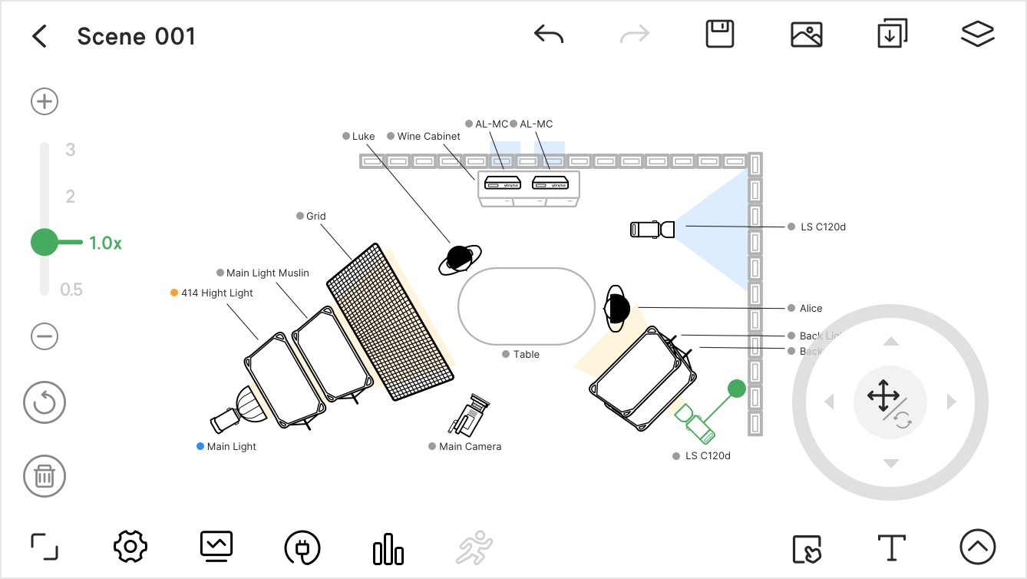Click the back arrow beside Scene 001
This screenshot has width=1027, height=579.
[x=39, y=36]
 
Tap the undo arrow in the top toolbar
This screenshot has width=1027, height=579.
[x=549, y=35]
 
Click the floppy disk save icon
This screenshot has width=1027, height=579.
[x=720, y=35]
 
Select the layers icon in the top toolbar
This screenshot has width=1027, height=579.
[x=977, y=35]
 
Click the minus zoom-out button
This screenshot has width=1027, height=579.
[x=45, y=336]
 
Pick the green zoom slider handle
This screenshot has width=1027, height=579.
[x=45, y=243]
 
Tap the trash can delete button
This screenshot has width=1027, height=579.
[x=45, y=476]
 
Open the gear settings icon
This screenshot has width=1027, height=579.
[x=130, y=547]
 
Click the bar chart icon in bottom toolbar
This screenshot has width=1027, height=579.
[x=388, y=548]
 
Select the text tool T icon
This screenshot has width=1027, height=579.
[x=891, y=548]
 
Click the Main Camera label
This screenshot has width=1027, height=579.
[x=470, y=446]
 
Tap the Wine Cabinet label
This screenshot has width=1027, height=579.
[x=428, y=136]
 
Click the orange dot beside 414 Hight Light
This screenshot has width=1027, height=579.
[x=174, y=293]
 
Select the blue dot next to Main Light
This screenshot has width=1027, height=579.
[x=200, y=446]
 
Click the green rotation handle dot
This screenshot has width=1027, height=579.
[x=737, y=389]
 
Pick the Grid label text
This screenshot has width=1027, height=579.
[x=315, y=216]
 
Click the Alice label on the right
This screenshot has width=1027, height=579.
[x=811, y=308]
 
